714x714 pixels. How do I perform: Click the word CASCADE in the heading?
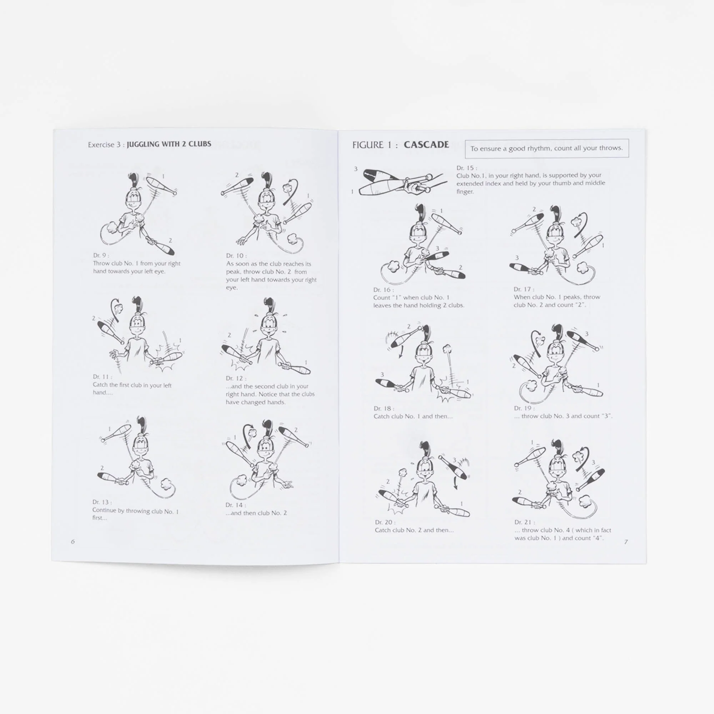point(426,145)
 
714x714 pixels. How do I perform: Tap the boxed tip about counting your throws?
point(547,148)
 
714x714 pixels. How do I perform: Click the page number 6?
point(73,542)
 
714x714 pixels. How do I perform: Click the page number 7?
point(626,542)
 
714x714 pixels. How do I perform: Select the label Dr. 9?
point(101,255)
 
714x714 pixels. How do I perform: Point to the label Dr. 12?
point(236,378)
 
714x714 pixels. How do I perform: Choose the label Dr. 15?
point(466,168)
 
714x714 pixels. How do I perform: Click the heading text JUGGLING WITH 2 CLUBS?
point(169,144)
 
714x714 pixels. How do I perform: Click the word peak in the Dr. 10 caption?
point(233,272)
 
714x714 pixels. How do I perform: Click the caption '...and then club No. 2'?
point(256,513)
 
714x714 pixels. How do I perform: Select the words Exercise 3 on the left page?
point(104,145)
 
